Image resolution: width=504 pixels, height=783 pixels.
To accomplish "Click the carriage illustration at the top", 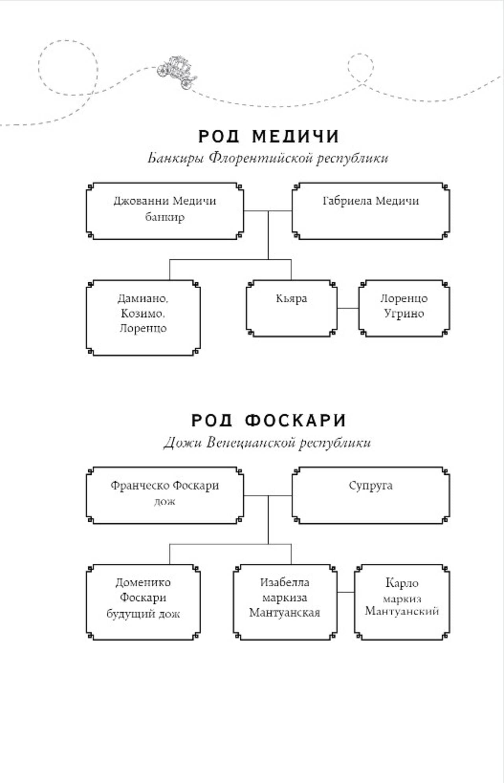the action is [177, 72].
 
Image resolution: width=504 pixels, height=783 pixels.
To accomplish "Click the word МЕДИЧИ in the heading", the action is [296, 137].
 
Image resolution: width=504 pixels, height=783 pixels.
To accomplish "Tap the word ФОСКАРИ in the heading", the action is [295, 421].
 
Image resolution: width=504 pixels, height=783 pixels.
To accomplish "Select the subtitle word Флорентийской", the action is [261, 158].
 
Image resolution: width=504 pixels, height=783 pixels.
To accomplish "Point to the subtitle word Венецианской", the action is [251, 443].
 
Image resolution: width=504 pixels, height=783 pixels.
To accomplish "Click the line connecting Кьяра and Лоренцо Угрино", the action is [348, 308].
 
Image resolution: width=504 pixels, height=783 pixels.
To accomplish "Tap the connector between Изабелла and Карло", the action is [346, 592].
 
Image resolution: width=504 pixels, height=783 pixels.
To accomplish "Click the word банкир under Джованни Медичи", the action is [165, 217].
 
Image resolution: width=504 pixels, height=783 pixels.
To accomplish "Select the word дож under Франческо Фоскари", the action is [165, 502].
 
